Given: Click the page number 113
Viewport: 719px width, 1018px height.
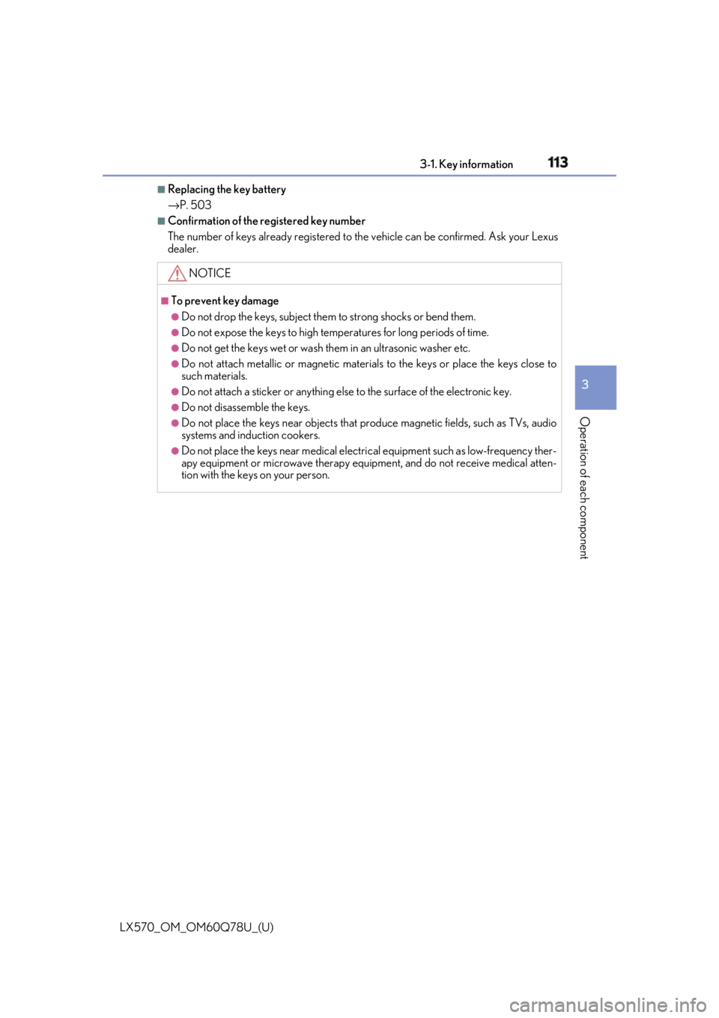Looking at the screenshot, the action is [x=557, y=162].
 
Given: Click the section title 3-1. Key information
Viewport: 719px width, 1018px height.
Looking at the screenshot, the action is [x=466, y=164].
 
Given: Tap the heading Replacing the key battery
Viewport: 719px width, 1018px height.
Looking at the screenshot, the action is [x=226, y=190].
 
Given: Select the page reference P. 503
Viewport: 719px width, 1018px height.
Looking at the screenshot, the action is [x=195, y=205].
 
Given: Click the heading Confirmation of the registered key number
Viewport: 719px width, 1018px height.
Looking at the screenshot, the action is [x=267, y=221].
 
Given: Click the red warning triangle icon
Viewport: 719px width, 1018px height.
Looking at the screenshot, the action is [x=177, y=273].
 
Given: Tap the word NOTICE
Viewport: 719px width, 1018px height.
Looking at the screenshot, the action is [x=210, y=273].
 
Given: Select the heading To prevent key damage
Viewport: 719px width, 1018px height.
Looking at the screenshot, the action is [x=225, y=301].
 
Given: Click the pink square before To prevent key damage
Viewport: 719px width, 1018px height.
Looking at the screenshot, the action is [x=164, y=301].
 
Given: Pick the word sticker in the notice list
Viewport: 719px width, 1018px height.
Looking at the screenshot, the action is [x=266, y=392].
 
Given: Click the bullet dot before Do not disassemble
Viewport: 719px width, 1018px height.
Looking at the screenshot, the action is [x=175, y=408].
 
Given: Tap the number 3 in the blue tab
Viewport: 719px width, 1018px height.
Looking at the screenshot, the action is [x=585, y=385].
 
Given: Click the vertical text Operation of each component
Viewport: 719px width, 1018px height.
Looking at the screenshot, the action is [x=584, y=488].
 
